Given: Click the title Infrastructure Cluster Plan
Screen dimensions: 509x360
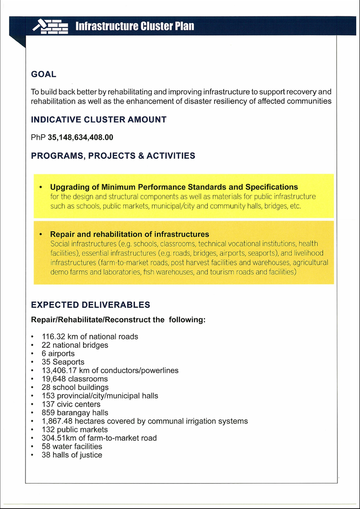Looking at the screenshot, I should [135, 26].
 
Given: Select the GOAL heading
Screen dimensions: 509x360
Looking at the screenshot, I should [44, 74].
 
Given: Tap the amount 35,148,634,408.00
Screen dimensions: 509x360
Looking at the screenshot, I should [81, 137].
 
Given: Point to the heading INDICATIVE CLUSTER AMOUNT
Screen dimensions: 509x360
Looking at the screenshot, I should [98, 120].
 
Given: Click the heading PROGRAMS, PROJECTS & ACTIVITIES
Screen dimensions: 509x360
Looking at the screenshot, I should [113, 156].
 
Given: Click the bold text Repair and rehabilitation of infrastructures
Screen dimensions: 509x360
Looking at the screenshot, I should [130, 234].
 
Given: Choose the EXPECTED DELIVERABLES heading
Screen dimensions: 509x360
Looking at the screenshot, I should [90, 305].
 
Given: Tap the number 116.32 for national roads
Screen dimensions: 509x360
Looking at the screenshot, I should [54, 337].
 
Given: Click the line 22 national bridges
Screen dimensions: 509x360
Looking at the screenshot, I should [75, 345].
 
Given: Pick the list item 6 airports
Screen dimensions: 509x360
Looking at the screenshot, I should [58, 353].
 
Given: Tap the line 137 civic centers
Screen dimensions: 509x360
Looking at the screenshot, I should [71, 404].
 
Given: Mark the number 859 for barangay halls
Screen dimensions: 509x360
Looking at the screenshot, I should [48, 412].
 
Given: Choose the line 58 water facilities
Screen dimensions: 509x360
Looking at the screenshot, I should [72, 447].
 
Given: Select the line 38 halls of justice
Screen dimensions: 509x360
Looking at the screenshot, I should [72, 455].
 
